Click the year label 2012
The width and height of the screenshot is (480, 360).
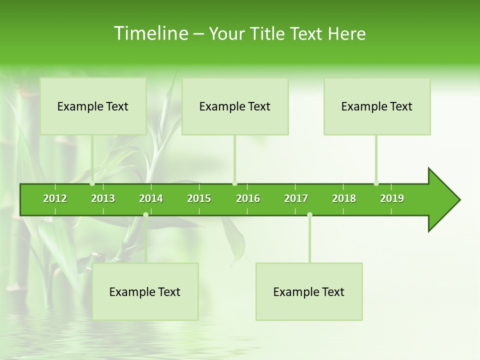pos(55,198)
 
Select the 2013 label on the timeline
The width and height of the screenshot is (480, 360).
pos(103,198)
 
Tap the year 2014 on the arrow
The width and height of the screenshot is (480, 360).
pos(151,198)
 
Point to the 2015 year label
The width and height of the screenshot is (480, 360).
pos(199,198)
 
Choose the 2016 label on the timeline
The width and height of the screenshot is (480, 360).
pos(248,198)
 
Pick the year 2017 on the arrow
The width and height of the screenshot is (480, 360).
pos(296,198)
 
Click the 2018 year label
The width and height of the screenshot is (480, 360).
pos(344,198)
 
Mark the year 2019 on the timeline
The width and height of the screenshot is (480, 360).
pos(392,198)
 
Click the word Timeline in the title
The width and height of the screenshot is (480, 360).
pos(150,33)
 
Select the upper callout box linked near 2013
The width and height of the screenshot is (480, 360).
pos(93,106)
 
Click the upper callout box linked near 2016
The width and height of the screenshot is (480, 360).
pos(235,106)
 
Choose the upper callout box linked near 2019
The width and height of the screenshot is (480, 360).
pos(377,106)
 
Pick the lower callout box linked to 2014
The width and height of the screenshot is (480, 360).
pos(145,291)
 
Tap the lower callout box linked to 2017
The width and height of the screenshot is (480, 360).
pos(309,291)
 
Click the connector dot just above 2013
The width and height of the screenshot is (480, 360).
pos(92,183)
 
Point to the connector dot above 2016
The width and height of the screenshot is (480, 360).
pos(235,183)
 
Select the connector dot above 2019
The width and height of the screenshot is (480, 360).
pos(376,183)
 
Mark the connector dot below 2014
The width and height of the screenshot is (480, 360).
pos(145,214)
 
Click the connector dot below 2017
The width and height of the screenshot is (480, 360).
pos(309,214)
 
